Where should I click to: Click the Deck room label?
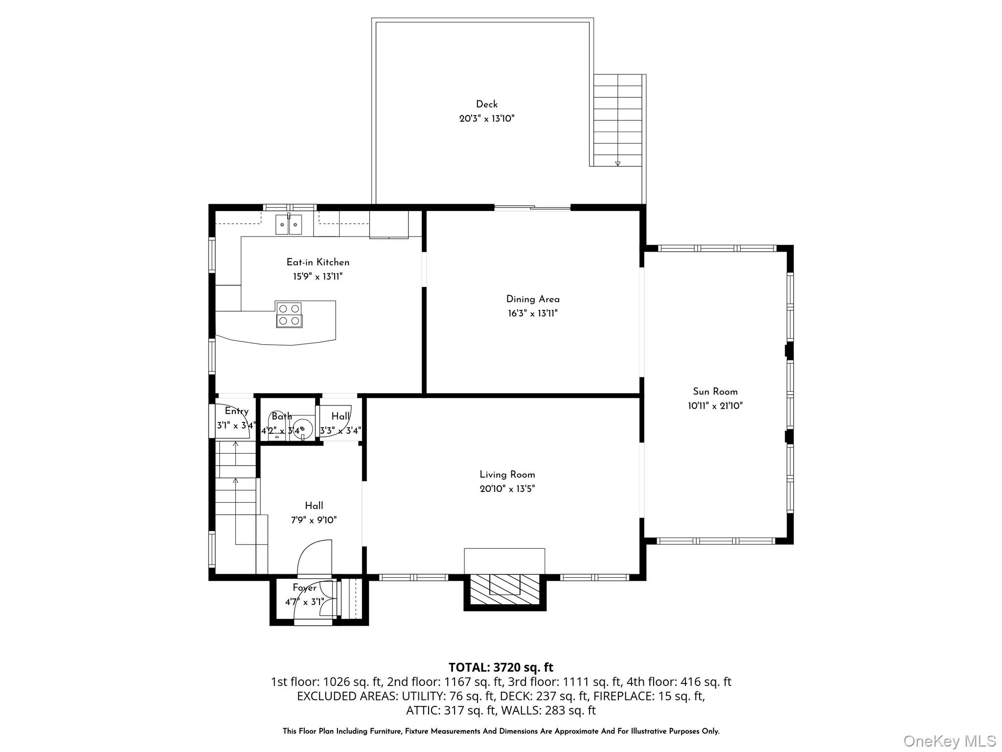point(486,104)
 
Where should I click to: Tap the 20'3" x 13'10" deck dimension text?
point(486,118)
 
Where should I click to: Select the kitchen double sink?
point(289,225)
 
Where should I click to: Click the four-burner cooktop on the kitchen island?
point(289,314)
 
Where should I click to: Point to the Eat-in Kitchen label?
point(318,262)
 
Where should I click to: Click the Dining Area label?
point(532,299)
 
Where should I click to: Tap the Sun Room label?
point(715,392)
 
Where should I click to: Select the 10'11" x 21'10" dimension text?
point(715,406)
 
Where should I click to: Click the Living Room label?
point(507,475)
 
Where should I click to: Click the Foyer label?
point(304,588)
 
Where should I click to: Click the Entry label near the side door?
point(236,411)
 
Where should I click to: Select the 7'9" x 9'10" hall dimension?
point(314,520)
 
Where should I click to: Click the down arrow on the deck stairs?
point(617,163)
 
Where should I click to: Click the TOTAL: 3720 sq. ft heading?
point(501,667)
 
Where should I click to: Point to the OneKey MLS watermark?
point(949,741)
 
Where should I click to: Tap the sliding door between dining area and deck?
point(532,209)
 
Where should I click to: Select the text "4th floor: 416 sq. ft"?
point(679,681)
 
